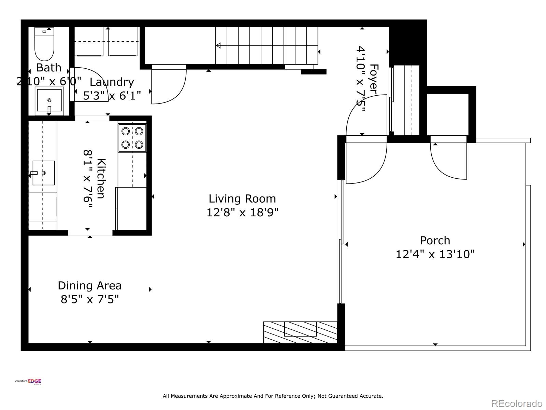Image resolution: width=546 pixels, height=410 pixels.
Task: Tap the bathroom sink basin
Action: [x=49, y=100]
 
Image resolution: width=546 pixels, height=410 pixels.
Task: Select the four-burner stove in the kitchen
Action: [x=132, y=138]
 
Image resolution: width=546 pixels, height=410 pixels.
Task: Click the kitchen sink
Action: [x=43, y=173]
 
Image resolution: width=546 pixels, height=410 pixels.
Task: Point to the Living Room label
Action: [x=242, y=199]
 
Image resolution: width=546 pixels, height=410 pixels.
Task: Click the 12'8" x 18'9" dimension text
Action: [x=242, y=213]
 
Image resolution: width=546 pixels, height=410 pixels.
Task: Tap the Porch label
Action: [x=435, y=241]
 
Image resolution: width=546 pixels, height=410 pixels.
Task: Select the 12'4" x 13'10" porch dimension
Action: [x=435, y=255]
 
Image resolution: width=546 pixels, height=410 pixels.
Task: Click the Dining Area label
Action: [x=90, y=286]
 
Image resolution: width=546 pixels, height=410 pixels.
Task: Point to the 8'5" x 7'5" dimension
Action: [x=90, y=300]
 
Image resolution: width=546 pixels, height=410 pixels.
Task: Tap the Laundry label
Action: [x=112, y=82]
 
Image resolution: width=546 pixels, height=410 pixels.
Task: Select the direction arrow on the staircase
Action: [x=219, y=45]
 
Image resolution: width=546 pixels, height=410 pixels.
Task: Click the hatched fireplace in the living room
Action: [x=300, y=332]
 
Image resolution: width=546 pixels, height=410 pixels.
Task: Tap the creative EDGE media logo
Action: [x=28, y=382]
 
